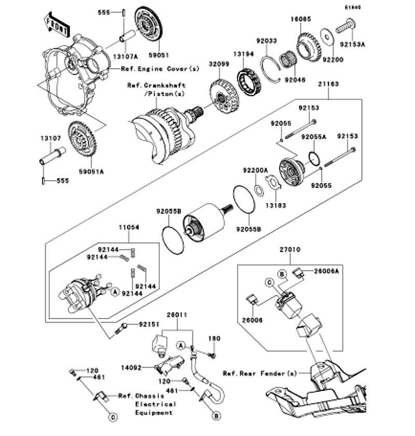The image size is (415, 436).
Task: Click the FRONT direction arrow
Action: click(x=57, y=25)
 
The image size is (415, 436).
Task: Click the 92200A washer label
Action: click(x=255, y=170)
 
